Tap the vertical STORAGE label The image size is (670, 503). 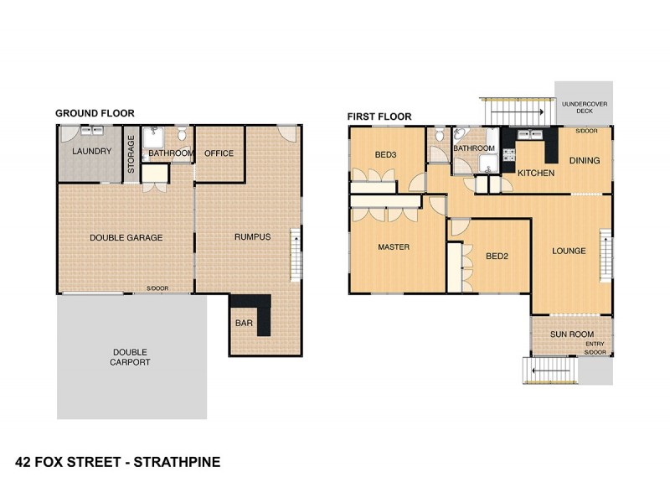pyautogui.click(x=131, y=153)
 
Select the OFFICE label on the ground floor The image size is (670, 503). pyautogui.click(x=219, y=153)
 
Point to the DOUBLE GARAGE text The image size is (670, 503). pyautogui.click(x=126, y=237)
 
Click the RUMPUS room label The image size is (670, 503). pyautogui.click(x=252, y=237)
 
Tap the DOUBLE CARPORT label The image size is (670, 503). pyautogui.click(x=131, y=357)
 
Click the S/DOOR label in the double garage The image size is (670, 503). pyautogui.click(x=157, y=288)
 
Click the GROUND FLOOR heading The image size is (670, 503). pyautogui.click(x=95, y=113)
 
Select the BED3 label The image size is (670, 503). pyautogui.click(x=385, y=154)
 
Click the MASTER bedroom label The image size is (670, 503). pyautogui.click(x=393, y=247)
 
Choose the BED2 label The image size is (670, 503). pyautogui.click(x=497, y=256)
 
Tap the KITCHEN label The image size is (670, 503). pyautogui.click(x=536, y=173)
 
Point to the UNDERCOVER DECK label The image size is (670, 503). pyautogui.click(x=584, y=109)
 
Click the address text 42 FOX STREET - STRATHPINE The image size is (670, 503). pyautogui.click(x=118, y=461)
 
